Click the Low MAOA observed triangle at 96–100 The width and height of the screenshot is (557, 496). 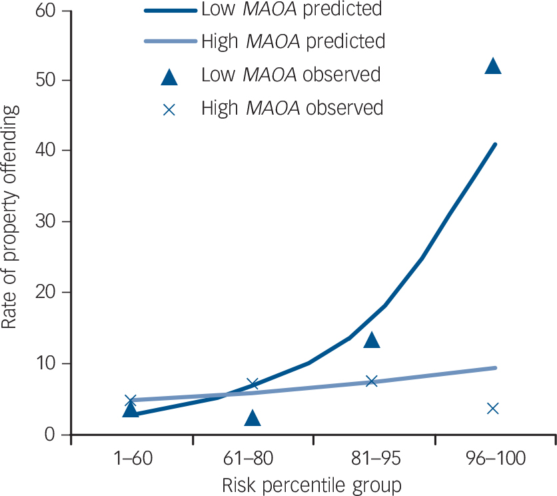(493, 65)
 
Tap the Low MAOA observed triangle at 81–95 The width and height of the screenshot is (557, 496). (372, 340)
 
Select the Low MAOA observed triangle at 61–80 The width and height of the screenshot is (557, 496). (252, 418)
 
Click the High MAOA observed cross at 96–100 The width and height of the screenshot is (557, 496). (493, 408)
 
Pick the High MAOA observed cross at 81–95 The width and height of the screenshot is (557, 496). (372, 381)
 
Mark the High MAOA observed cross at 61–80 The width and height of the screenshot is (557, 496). (252, 383)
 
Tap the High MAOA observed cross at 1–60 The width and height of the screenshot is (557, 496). (131, 400)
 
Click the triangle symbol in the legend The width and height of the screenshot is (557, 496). (170, 75)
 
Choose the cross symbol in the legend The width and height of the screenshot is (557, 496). (170, 109)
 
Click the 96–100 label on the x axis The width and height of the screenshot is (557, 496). (493, 460)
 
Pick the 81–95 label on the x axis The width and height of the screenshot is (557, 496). (372, 460)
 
